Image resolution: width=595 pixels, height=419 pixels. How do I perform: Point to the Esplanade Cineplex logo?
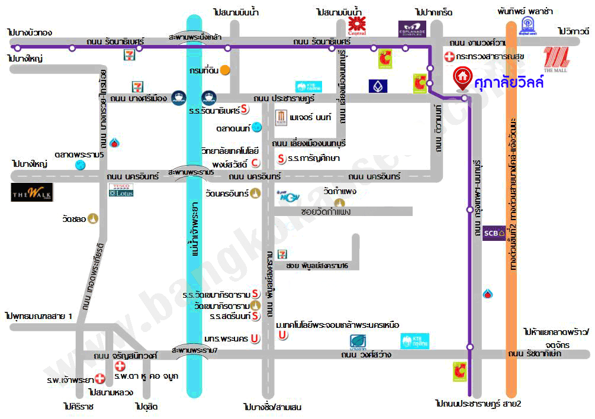[x=412, y=27]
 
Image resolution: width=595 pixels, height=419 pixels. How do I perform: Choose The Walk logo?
[x=32, y=192]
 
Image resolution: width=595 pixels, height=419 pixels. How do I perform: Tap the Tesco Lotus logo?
[x=121, y=190]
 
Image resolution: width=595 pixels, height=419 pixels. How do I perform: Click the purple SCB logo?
[x=494, y=233]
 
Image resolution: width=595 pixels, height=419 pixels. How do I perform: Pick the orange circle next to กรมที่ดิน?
[x=225, y=70]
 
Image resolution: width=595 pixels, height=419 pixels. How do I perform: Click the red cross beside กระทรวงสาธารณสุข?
[x=450, y=57]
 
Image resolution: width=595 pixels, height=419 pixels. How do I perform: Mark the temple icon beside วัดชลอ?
[x=94, y=219]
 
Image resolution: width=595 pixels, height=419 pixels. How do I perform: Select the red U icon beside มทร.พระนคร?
[x=253, y=339]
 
